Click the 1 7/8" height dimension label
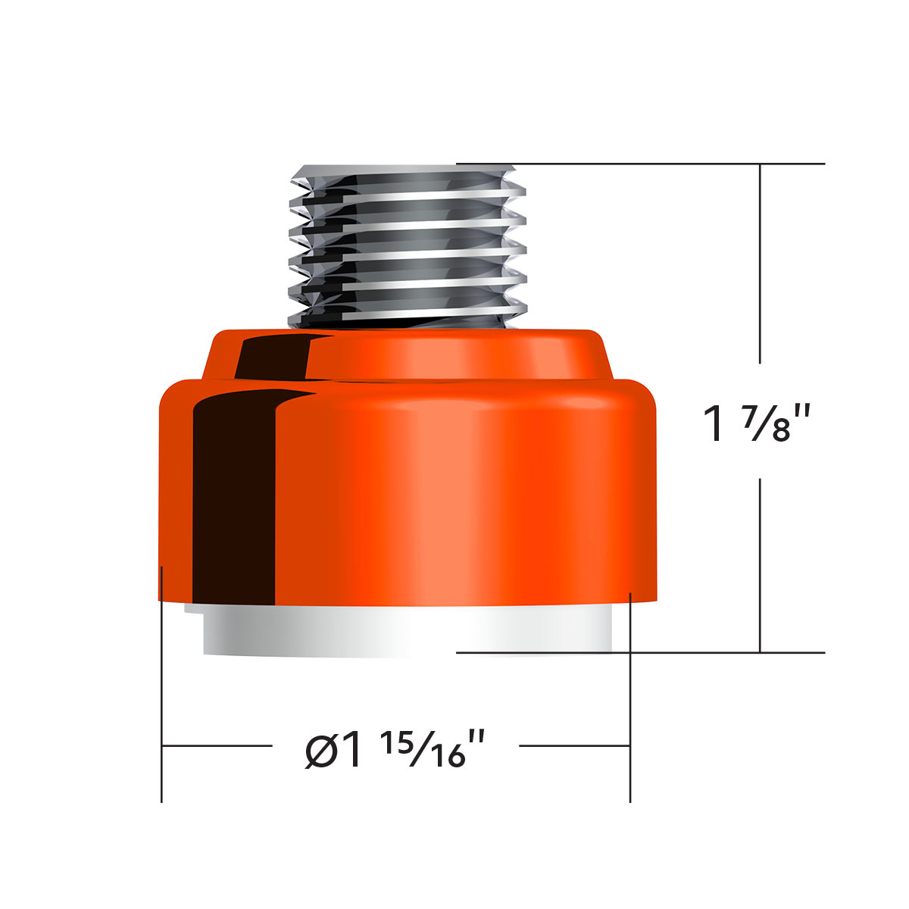click(x=760, y=424)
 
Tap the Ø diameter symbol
click(x=319, y=750)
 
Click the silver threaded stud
click(x=407, y=246)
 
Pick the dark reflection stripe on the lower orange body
click(x=231, y=492)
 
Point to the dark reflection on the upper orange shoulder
click(x=273, y=356)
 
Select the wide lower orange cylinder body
click(x=454, y=492)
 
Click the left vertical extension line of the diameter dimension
click(x=162, y=682)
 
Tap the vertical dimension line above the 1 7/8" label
click(x=761, y=265)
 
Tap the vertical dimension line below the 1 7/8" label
click(x=761, y=568)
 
